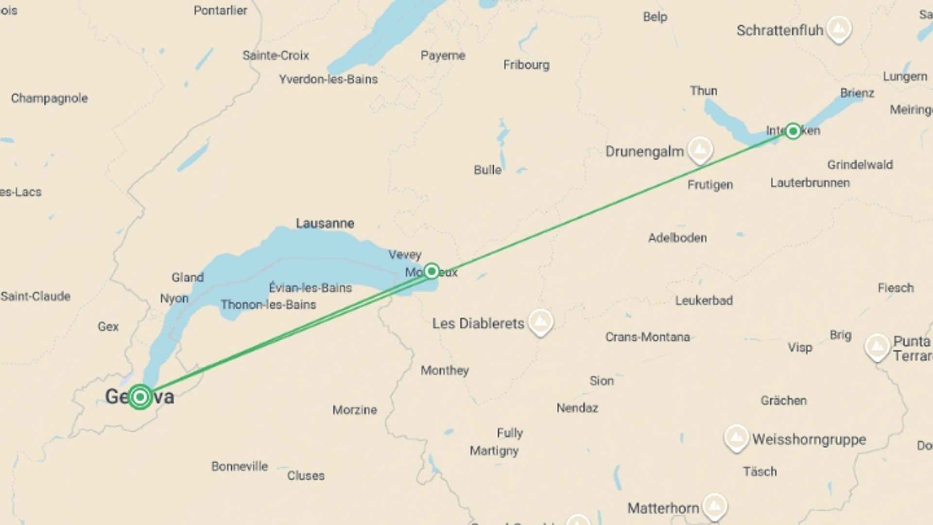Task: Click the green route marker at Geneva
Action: pyautogui.click(x=140, y=397)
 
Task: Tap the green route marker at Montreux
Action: pyautogui.click(x=432, y=271)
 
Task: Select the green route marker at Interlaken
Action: pyautogui.click(x=793, y=131)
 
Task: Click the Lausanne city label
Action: pyautogui.click(x=325, y=224)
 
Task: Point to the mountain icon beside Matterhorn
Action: pyautogui.click(x=714, y=506)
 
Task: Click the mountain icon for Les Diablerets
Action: pyautogui.click(x=540, y=321)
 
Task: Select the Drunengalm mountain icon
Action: pyautogui.click(x=700, y=149)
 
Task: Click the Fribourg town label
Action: pyautogui.click(x=526, y=65)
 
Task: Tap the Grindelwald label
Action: pyautogui.click(x=860, y=165)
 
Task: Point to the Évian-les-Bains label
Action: pyautogui.click(x=310, y=288)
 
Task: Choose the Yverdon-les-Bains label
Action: pyautogui.click(x=328, y=79)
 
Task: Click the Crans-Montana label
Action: pyautogui.click(x=647, y=337)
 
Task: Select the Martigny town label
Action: pyautogui.click(x=494, y=451)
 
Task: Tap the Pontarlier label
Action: pyautogui.click(x=220, y=11)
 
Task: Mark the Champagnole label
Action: pyautogui.click(x=49, y=98)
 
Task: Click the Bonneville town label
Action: pyautogui.click(x=240, y=466)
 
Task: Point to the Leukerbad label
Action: pyautogui.click(x=704, y=300)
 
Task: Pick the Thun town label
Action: pyautogui.click(x=703, y=91)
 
